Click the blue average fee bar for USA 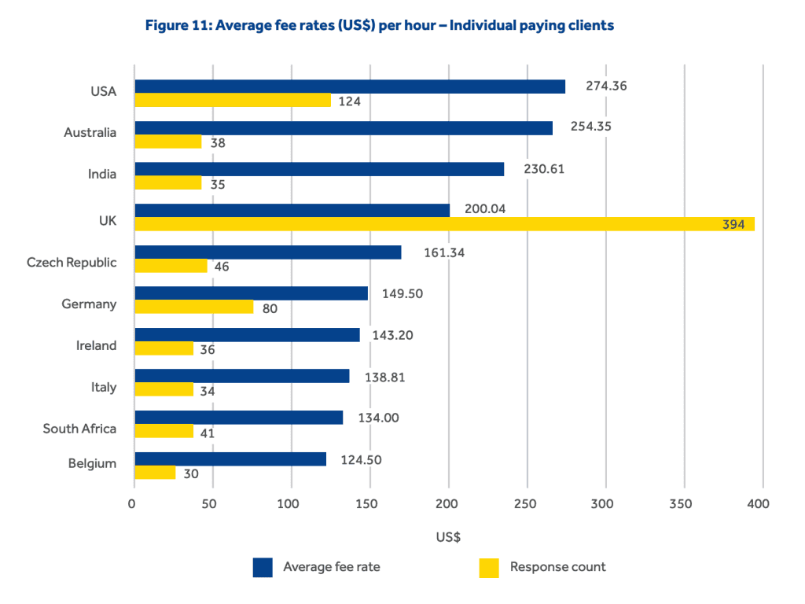[350, 87]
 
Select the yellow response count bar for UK [444, 224]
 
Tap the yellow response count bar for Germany [194, 307]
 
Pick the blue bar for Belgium [230, 459]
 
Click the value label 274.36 [606, 87]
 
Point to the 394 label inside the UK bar [733, 225]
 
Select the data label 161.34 [443, 253]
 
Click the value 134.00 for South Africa [377, 418]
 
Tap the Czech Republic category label [72, 263]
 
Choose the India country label [102, 175]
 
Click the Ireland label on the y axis [96, 346]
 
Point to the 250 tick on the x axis [527, 503]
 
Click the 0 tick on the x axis [134, 503]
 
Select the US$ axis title [448, 538]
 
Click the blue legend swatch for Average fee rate [263, 567]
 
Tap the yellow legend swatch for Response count [489, 567]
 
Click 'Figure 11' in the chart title [178, 26]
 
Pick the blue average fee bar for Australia [344, 128]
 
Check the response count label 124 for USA [349, 101]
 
